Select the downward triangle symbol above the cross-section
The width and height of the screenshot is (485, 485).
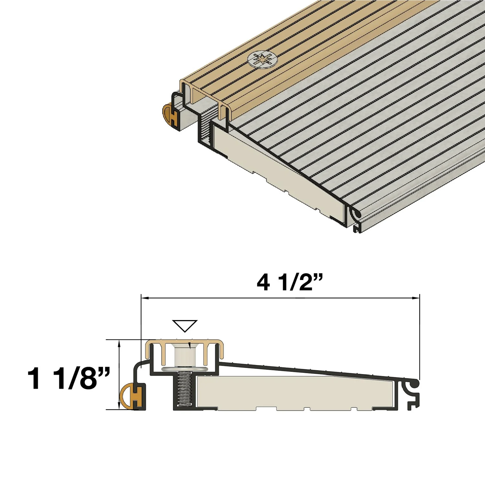[185, 326]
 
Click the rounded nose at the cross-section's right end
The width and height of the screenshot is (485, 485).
[415, 383]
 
